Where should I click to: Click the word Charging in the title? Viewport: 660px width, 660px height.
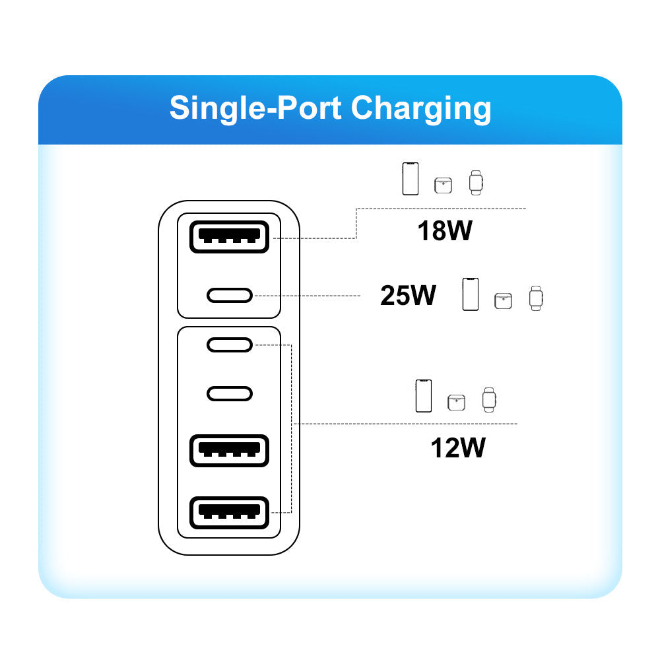coord(421,108)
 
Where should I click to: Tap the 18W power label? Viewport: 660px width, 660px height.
coord(445,231)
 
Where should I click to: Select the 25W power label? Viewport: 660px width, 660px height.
coord(408,296)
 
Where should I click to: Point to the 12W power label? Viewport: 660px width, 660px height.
coord(458,448)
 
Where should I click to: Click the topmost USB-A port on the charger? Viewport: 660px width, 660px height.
coord(229,236)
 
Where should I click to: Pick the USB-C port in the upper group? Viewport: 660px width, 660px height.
coord(229,295)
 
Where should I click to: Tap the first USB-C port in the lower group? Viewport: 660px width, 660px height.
coord(229,345)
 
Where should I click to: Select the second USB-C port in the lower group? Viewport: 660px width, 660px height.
coord(229,393)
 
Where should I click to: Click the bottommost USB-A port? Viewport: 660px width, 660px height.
coord(229,512)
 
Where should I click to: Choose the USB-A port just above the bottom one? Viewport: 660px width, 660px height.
coord(229,451)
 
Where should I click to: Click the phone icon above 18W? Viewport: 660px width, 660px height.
coord(411,179)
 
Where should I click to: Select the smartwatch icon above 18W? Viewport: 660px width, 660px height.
coord(475,182)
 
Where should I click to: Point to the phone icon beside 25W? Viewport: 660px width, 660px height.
coord(470,294)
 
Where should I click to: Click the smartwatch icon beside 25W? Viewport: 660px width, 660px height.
coord(535,298)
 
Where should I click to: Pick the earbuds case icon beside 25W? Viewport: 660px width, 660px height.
coord(504,300)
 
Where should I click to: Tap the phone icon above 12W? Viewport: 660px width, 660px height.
coord(424,396)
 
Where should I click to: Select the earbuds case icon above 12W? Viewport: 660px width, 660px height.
coord(457,401)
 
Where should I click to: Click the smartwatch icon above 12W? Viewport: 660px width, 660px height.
coord(488,399)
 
